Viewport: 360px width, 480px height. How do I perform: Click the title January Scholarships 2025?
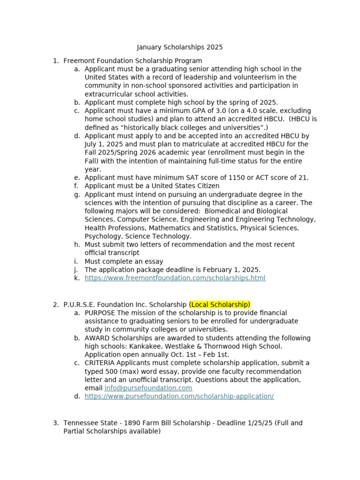(180, 47)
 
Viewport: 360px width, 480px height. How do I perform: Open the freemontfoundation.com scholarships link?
(175, 278)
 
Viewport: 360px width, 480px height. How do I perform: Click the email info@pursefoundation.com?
(148, 388)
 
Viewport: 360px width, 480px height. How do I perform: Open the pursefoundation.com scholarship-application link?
(179, 397)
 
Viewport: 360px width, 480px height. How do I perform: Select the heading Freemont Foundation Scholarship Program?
(133, 60)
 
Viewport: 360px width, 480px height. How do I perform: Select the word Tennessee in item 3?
(80, 423)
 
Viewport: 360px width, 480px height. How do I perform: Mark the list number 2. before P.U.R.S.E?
(56, 305)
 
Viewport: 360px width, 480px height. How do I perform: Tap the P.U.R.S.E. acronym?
(80, 305)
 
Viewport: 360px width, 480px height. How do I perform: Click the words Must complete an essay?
(124, 262)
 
